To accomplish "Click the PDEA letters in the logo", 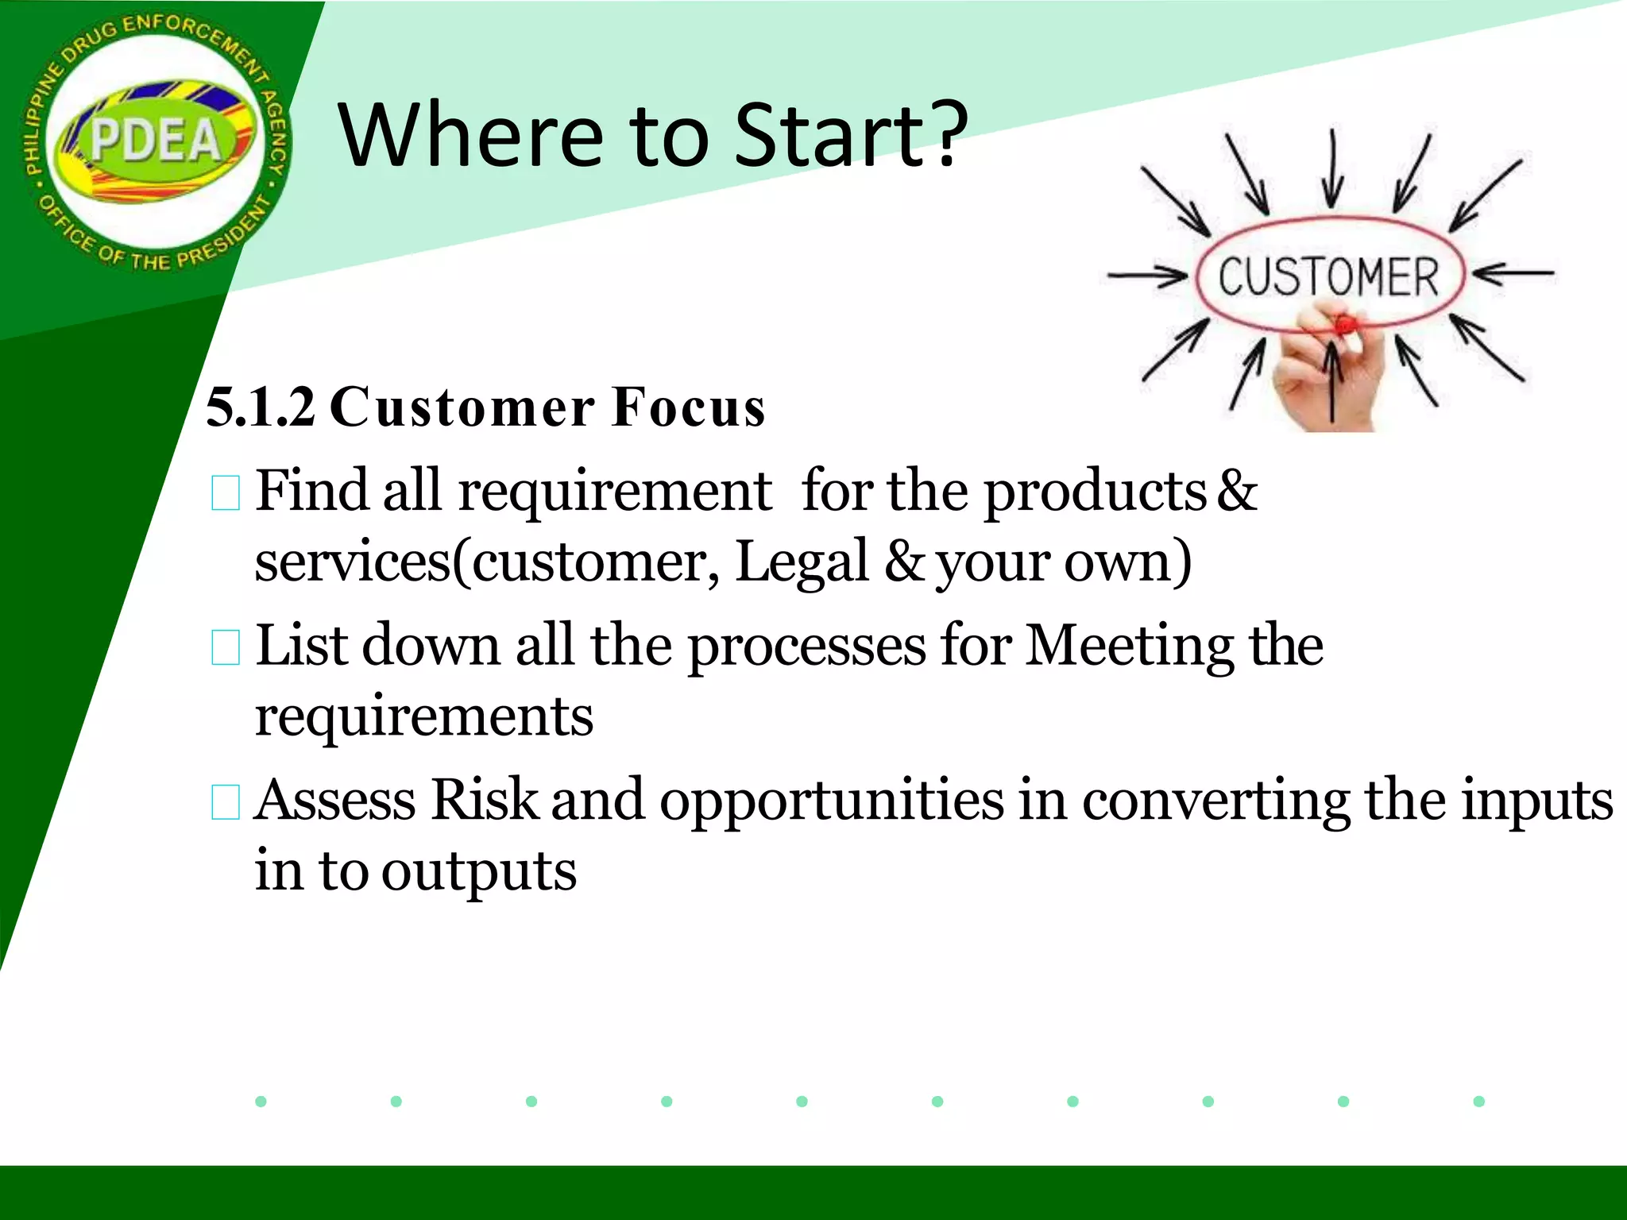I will tap(156, 141).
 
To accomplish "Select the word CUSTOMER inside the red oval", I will tap(1328, 277).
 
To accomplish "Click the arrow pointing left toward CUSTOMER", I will tap(1513, 273).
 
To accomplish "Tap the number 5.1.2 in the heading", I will tap(260, 407).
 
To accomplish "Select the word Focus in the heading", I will tap(688, 407).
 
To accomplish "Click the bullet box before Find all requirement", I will tap(226, 493).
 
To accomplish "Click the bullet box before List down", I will tap(226, 647).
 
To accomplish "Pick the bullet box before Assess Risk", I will tap(226, 802).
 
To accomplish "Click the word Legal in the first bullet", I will tap(802, 562).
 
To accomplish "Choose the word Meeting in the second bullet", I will tap(1129, 646).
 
